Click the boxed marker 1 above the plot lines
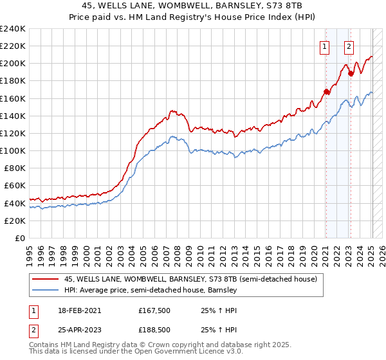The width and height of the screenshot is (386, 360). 325,46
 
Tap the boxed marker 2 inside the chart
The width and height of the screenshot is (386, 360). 349,46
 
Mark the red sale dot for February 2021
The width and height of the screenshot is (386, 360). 326,92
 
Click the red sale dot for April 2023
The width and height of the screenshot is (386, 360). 351,73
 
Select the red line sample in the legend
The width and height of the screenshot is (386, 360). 45,280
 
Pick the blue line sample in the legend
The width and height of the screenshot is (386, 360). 45,291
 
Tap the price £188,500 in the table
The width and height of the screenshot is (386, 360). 155,329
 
